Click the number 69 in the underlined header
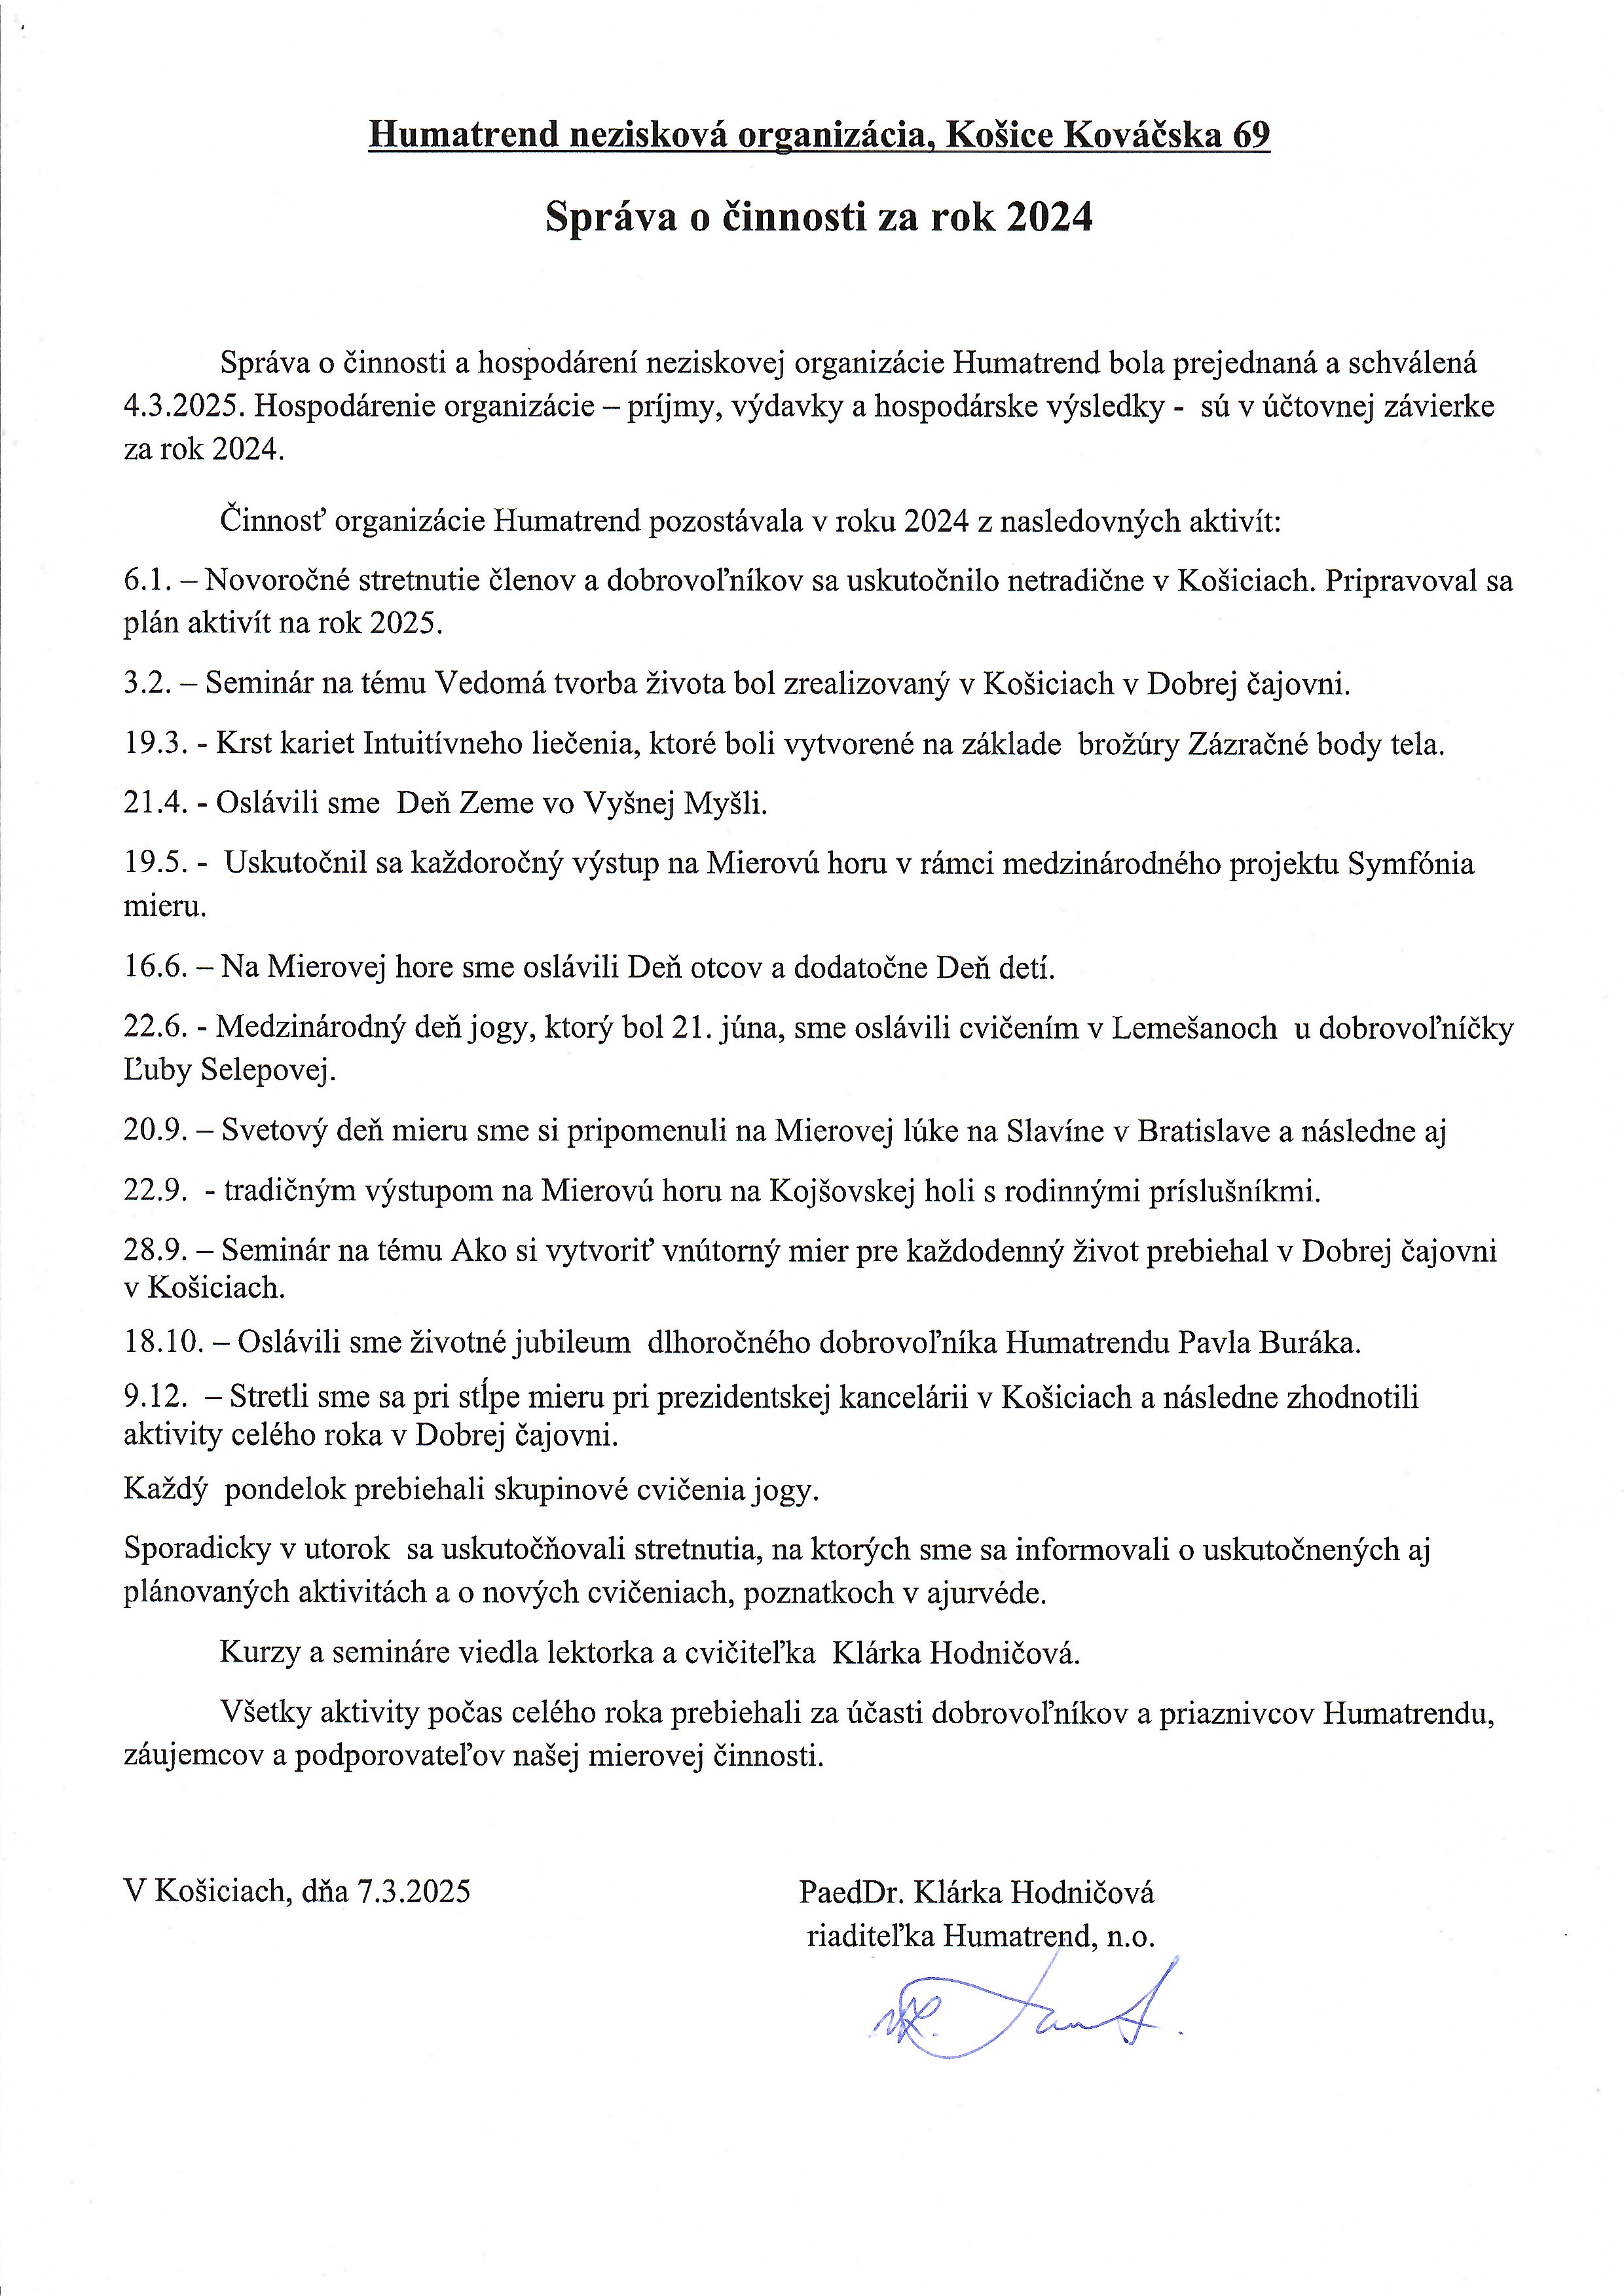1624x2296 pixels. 1250,134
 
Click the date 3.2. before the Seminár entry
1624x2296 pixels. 148,684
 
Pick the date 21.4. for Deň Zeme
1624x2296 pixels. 155,803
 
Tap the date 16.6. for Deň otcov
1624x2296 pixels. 155,967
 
